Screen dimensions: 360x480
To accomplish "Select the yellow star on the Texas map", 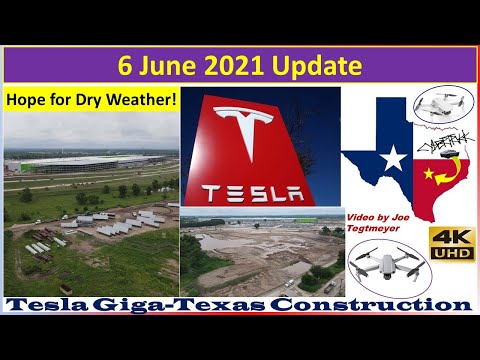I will click(431, 177).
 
